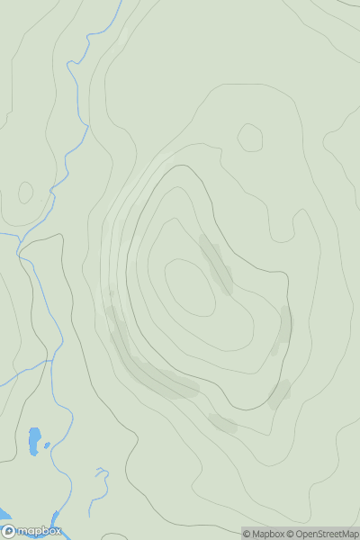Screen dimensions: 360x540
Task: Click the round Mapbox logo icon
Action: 8,531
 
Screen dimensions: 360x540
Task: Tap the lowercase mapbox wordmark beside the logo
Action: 37,531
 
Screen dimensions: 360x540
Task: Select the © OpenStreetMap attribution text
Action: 325,534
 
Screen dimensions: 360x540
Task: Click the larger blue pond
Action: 34,439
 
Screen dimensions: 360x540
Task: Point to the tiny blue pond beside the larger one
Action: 47,445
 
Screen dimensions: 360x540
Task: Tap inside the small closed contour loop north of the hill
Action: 250,138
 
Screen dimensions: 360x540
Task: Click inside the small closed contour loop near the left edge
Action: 25,192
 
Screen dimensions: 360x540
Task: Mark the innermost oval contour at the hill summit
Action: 191,287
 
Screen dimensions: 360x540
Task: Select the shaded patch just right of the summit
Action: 216,263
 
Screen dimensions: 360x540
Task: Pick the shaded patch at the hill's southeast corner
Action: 279,393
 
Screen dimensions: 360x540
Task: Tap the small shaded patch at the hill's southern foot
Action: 222,423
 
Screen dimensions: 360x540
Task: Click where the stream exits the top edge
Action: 118,3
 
